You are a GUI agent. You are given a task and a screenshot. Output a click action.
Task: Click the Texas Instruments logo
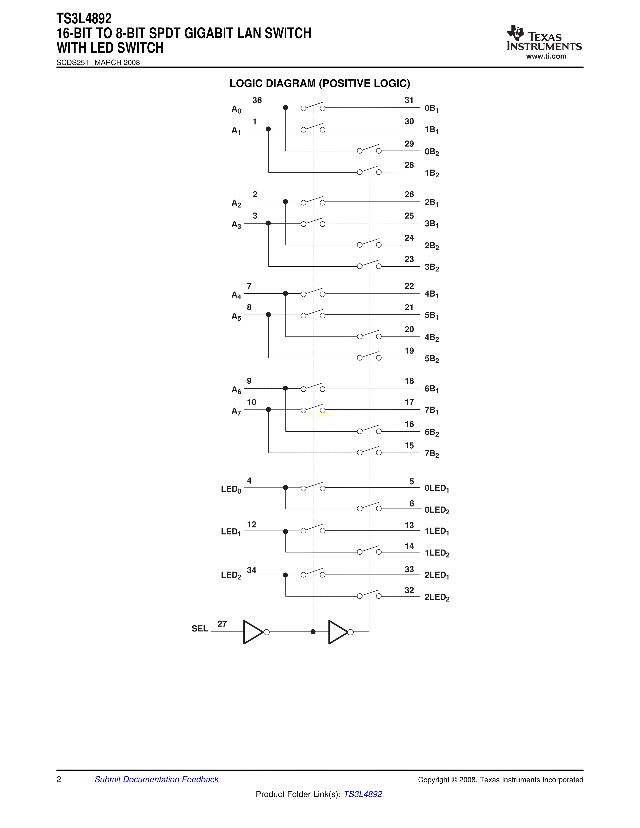[x=544, y=38]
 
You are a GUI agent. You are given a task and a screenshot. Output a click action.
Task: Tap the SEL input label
[x=200, y=629]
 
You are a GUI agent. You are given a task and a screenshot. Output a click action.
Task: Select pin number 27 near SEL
[x=222, y=624]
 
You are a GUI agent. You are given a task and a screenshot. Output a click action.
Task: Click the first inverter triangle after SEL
[x=253, y=632]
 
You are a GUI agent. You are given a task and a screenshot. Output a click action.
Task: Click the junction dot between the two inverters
[x=313, y=632]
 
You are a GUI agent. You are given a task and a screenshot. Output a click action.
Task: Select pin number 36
[x=257, y=100]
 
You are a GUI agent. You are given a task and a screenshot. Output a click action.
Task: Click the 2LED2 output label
[x=437, y=597]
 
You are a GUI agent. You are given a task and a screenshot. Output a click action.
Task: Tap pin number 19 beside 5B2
[x=409, y=351]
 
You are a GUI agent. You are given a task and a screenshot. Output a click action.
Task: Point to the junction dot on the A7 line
[x=269, y=409]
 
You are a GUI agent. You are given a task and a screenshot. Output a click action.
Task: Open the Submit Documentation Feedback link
[x=156, y=780]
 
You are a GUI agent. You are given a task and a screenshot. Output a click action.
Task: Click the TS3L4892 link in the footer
[x=363, y=794]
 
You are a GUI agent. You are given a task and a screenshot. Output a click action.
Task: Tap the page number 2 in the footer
[x=59, y=780]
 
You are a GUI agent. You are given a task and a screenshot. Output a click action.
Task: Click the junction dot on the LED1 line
[x=286, y=531]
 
